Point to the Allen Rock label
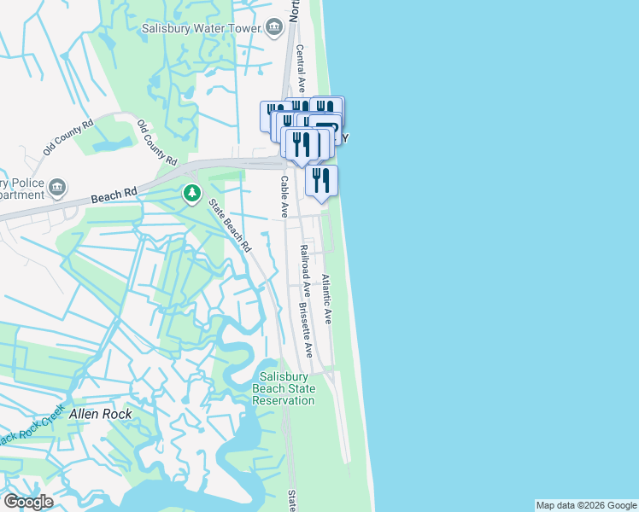coord(102,413)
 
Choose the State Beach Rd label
coord(231,226)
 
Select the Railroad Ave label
coord(303,272)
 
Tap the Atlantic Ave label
coord(326,299)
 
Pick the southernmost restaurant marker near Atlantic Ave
coord(320,180)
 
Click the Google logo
coord(28,502)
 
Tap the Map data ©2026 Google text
coord(586,505)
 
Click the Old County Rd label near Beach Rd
coord(156,143)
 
